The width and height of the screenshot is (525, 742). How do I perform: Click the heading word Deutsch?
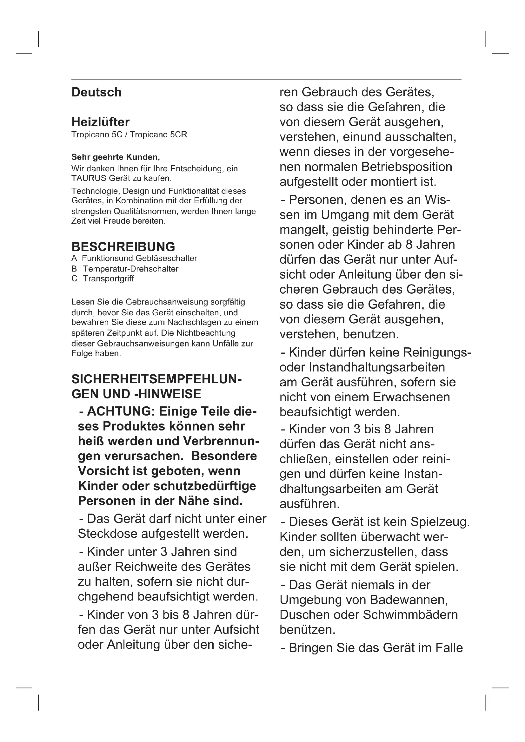96,92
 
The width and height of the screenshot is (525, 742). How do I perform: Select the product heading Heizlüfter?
101,122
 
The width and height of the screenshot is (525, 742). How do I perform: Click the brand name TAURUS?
89,178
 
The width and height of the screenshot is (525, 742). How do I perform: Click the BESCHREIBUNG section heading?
123,246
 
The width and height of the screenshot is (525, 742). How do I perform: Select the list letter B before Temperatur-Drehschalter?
74,269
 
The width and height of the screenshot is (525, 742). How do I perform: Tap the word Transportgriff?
108,279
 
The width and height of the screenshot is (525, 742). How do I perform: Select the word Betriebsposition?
407,167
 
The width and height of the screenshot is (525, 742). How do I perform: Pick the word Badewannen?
409,600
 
